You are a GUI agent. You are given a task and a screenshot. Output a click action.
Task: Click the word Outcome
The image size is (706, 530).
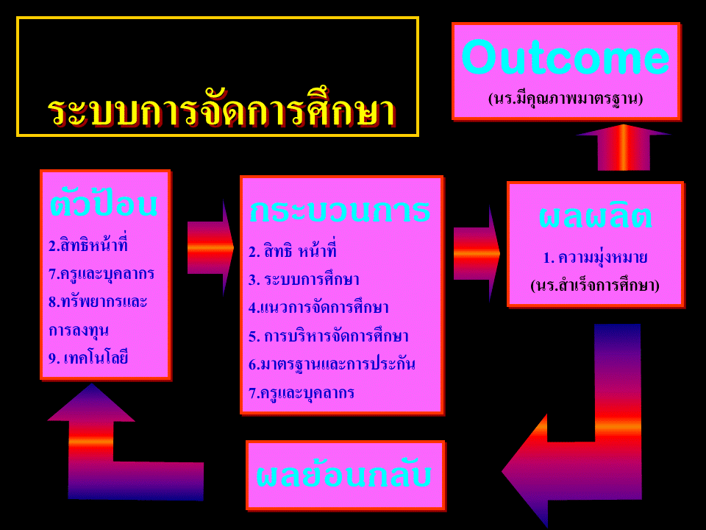pos(566,57)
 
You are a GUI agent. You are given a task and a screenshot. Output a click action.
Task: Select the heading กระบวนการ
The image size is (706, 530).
pos(340,210)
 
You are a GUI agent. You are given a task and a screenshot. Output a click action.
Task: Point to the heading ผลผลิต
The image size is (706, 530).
pos(595,216)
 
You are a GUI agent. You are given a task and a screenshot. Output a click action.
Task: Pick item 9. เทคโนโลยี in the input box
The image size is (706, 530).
pos(88,358)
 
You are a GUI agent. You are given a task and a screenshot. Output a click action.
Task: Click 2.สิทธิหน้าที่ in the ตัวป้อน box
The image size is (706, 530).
pos(88,245)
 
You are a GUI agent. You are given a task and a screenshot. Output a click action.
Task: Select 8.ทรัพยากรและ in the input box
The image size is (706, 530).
pos(98,302)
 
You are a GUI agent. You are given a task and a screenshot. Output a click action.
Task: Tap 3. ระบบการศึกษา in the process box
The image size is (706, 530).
pos(304,280)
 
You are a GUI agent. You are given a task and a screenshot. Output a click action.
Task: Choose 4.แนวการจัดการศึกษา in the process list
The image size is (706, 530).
pos(318,308)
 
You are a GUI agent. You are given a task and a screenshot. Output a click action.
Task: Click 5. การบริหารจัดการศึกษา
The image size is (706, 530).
pos(328,336)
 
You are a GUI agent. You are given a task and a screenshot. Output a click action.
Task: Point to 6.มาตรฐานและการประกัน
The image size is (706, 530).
pos(332,364)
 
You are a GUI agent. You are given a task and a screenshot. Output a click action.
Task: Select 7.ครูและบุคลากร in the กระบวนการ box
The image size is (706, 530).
pos(302,392)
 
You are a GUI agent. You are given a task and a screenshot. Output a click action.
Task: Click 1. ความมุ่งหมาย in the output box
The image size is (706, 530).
pos(595,258)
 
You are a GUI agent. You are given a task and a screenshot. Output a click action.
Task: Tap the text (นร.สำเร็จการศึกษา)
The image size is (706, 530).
pos(595,286)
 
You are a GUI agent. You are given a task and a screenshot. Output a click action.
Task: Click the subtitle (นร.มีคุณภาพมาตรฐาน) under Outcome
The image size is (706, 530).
pos(566,99)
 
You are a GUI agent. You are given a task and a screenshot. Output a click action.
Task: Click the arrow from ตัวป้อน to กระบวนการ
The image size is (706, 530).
pos(211,248)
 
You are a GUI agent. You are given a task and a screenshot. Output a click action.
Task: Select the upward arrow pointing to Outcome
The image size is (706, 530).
pos(624,147)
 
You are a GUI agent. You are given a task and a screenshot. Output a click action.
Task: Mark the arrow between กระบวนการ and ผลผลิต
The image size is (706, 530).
pos(477,254)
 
